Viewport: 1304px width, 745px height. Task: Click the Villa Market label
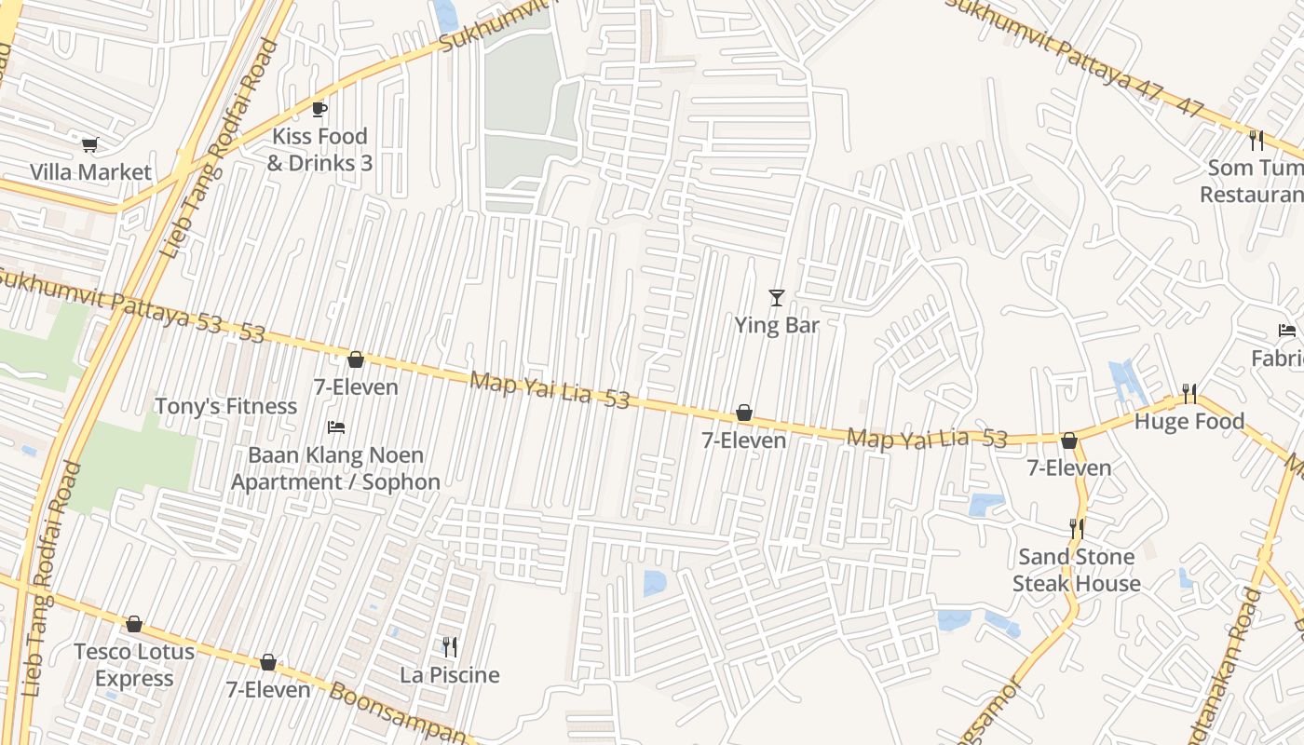(x=90, y=172)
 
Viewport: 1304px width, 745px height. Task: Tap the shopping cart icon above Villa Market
(x=90, y=144)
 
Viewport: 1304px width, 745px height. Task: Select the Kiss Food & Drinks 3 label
(x=319, y=150)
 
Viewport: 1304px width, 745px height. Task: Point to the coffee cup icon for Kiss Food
(x=319, y=109)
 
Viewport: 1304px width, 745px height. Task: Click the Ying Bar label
(x=777, y=325)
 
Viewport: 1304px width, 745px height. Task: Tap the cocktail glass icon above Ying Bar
(x=777, y=298)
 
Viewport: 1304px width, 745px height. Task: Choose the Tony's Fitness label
(x=225, y=407)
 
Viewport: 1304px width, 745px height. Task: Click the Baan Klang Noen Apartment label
(x=335, y=468)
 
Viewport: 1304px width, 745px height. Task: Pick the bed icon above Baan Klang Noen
(x=336, y=427)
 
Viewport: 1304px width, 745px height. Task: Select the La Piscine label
(x=450, y=675)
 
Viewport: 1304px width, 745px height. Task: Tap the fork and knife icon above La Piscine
(x=450, y=647)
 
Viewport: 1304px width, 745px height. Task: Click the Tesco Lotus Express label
(x=134, y=665)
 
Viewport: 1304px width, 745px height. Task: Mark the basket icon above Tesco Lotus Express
(x=134, y=624)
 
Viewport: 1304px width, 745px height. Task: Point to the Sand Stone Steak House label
(x=1077, y=570)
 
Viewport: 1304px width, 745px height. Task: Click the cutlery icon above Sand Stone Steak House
(x=1077, y=529)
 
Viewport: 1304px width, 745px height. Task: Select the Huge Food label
(x=1189, y=422)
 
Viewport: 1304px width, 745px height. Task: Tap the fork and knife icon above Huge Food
(x=1189, y=394)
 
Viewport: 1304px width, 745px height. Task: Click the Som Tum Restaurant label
(x=1253, y=182)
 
